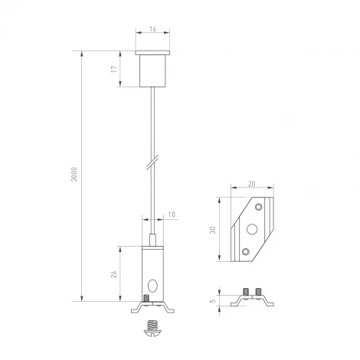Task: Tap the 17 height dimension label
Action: coord(113,70)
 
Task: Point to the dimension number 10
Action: coord(171,214)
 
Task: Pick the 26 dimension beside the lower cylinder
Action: coord(113,273)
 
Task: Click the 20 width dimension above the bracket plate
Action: coord(252,184)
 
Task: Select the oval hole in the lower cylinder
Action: coord(155,286)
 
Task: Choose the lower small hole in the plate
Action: coord(245,251)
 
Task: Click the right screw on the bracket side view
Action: coord(258,292)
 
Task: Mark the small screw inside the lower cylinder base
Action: coord(146,299)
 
